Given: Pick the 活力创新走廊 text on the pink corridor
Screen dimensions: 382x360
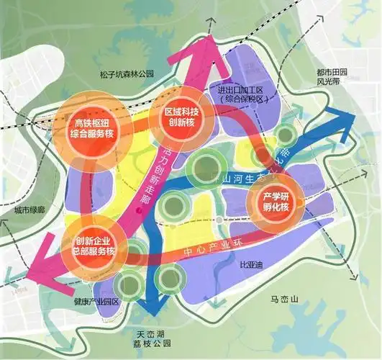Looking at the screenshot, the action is [x=158, y=177].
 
